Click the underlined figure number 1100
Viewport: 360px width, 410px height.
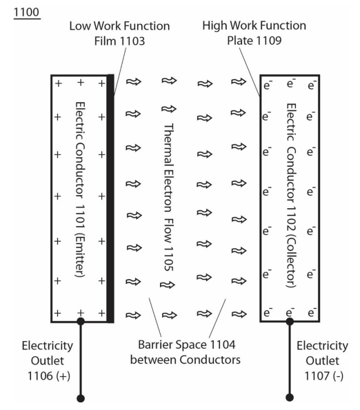coord(27,12)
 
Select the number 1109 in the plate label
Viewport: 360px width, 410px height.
coord(269,41)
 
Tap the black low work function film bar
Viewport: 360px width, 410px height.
coord(110,198)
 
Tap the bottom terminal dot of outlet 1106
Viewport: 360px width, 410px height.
coord(81,398)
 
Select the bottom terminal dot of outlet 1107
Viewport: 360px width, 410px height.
coord(290,397)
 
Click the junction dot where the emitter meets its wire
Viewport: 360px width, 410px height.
coord(81,321)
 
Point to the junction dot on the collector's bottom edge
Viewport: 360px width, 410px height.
coord(290,321)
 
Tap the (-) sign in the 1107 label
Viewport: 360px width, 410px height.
coord(338,376)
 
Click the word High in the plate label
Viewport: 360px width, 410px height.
coord(214,26)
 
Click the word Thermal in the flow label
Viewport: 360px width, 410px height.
coord(169,145)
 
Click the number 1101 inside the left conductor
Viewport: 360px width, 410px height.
coord(80,216)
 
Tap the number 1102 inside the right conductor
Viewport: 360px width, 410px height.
coord(291,218)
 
